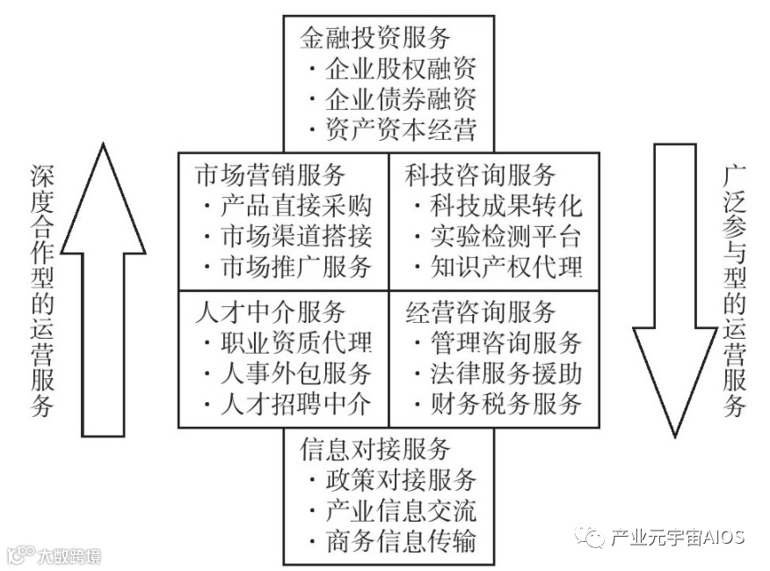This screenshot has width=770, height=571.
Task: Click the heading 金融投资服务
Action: pyautogui.click(x=375, y=37)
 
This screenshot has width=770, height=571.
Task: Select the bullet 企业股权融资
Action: pyautogui.click(x=400, y=69)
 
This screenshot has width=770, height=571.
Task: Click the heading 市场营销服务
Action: pyautogui.click(x=271, y=174)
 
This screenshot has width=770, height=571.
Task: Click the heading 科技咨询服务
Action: pyautogui.click(x=481, y=174)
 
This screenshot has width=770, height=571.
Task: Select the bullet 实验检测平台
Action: pyautogui.click(x=505, y=236)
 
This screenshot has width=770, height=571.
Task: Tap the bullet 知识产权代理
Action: pyautogui.click(x=505, y=266)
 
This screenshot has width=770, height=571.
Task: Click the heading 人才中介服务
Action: pyautogui.click(x=271, y=311)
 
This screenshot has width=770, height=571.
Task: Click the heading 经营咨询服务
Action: pyautogui.click(x=481, y=311)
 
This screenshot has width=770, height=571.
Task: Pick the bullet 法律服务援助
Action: pyautogui.click(x=505, y=373)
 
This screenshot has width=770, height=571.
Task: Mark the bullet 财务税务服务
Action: pyautogui.click(x=505, y=404)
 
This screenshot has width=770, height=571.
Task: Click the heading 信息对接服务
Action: pyautogui.click(x=375, y=449)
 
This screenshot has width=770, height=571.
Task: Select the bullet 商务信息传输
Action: pyautogui.click(x=400, y=540)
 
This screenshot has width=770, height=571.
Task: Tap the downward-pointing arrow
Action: pyautogui.click(x=674, y=290)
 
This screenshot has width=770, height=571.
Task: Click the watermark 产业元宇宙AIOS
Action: pyautogui.click(x=677, y=536)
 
